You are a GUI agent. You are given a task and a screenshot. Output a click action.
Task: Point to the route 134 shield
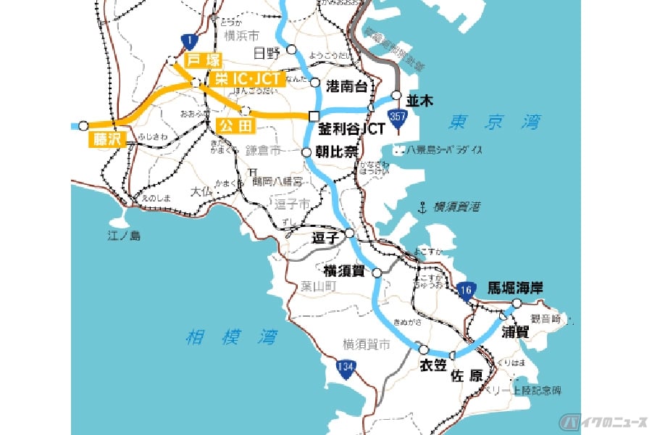(x=346, y=369)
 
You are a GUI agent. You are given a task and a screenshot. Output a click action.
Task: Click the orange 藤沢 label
(x=107, y=139)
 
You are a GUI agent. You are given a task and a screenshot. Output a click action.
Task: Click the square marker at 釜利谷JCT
(x=314, y=116)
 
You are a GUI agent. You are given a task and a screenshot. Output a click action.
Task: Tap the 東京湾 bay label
(x=493, y=123)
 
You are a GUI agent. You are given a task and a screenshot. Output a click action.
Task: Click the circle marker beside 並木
(x=396, y=94)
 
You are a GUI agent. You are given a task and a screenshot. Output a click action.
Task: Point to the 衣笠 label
(x=432, y=365)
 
